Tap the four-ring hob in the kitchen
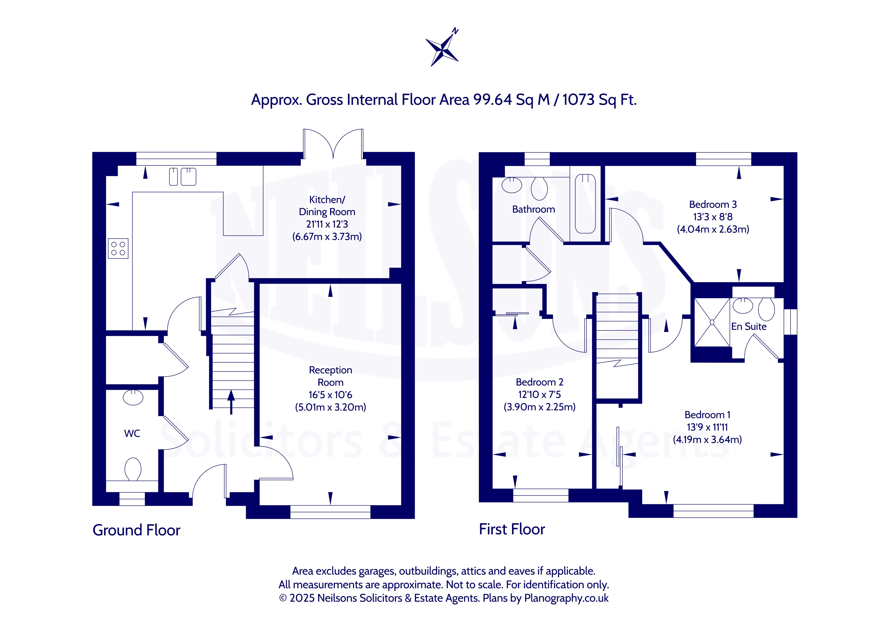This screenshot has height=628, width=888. [118, 248]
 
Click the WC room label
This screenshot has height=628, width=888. [132, 434]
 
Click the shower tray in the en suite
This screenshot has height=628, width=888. [712, 322]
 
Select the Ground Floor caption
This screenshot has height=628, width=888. [136, 530]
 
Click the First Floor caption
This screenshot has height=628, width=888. [512, 529]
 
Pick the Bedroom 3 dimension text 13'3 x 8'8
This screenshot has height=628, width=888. [713, 217]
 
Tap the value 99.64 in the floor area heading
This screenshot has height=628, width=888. [493, 100]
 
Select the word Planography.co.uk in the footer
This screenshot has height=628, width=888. [566, 598]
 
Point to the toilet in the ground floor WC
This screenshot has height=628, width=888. [133, 469]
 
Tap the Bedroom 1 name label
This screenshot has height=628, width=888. [707, 415]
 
